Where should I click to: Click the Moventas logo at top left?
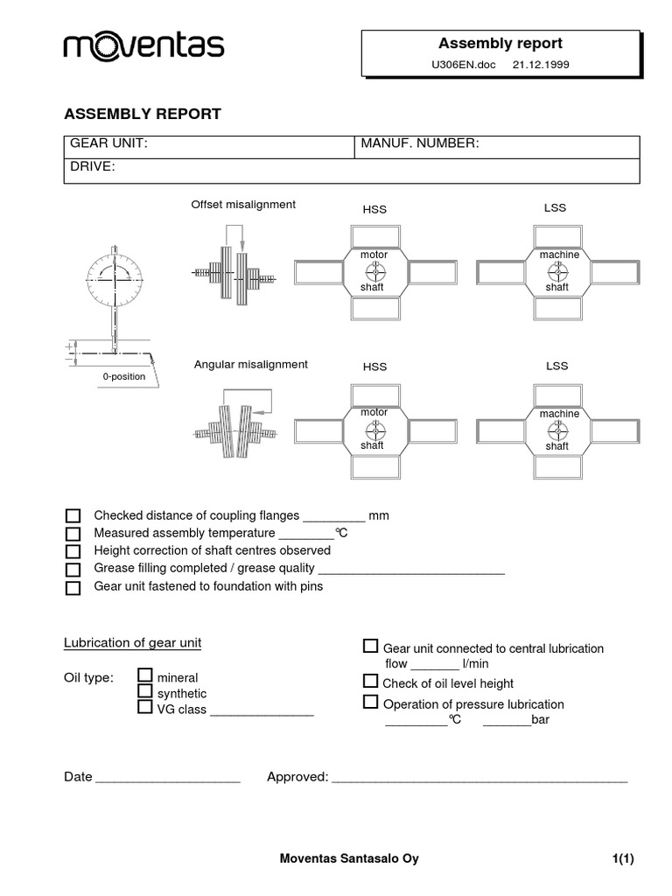(143, 46)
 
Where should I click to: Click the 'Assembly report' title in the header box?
(500, 43)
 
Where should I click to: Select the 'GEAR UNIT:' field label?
(108, 143)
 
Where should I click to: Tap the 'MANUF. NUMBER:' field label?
(420, 143)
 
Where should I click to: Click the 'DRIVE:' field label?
(93, 166)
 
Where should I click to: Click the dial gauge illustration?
(114, 280)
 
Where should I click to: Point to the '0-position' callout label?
(122, 375)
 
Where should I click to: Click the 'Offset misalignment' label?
(243, 205)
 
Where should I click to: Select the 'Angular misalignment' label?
(250, 364)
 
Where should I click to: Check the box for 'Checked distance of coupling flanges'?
(73, 515)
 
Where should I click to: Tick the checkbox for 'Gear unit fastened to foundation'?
(73, 588)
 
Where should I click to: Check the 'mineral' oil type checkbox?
(145, 675)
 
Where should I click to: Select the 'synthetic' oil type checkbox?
(145, 691)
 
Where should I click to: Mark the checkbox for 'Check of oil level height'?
(370, 682)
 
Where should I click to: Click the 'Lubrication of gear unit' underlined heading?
(132, 643)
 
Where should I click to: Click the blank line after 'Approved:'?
(479, 778)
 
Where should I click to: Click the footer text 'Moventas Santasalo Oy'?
(348, 858)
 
